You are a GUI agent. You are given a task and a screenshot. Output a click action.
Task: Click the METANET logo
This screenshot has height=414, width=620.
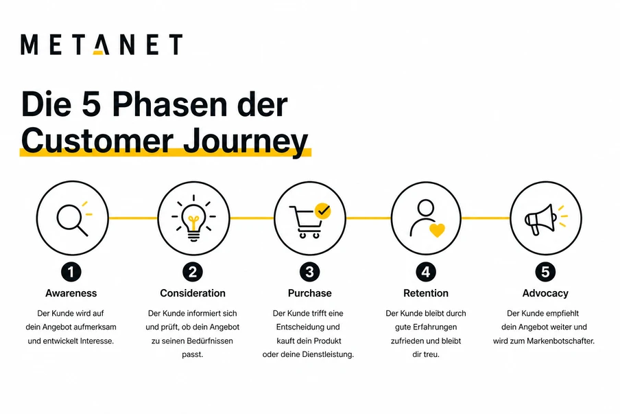coord(102,45)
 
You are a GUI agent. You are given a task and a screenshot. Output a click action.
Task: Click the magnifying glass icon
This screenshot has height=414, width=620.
coord(71,219)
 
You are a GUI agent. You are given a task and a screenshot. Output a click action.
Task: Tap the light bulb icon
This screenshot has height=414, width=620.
coord(193,219)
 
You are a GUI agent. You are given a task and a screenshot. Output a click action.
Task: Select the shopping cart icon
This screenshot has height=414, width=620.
coord(306,221)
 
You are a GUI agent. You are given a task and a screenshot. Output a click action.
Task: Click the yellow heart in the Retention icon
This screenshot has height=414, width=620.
coord(437,230)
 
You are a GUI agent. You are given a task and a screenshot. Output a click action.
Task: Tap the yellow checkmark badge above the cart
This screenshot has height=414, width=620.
coord(322,210)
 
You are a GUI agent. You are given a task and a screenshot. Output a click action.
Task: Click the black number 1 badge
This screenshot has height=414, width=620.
coord(71,272)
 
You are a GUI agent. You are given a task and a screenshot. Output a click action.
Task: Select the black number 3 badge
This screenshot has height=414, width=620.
coord(309,272)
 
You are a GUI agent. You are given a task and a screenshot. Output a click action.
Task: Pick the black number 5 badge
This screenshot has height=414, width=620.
coord(545,272)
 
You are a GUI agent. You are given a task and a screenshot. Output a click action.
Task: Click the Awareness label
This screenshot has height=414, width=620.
coord(71,293)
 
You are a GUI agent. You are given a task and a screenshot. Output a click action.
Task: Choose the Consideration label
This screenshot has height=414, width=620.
coord(193,293)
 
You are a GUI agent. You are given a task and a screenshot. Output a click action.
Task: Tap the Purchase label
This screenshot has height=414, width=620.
coord(309,293)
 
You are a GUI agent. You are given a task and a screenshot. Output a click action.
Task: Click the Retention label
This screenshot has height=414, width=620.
coord(426,293)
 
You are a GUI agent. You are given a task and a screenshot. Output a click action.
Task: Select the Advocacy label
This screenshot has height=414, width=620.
coord(545,293)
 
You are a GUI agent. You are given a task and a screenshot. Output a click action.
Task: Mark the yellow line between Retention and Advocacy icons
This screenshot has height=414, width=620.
coord(486,218)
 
